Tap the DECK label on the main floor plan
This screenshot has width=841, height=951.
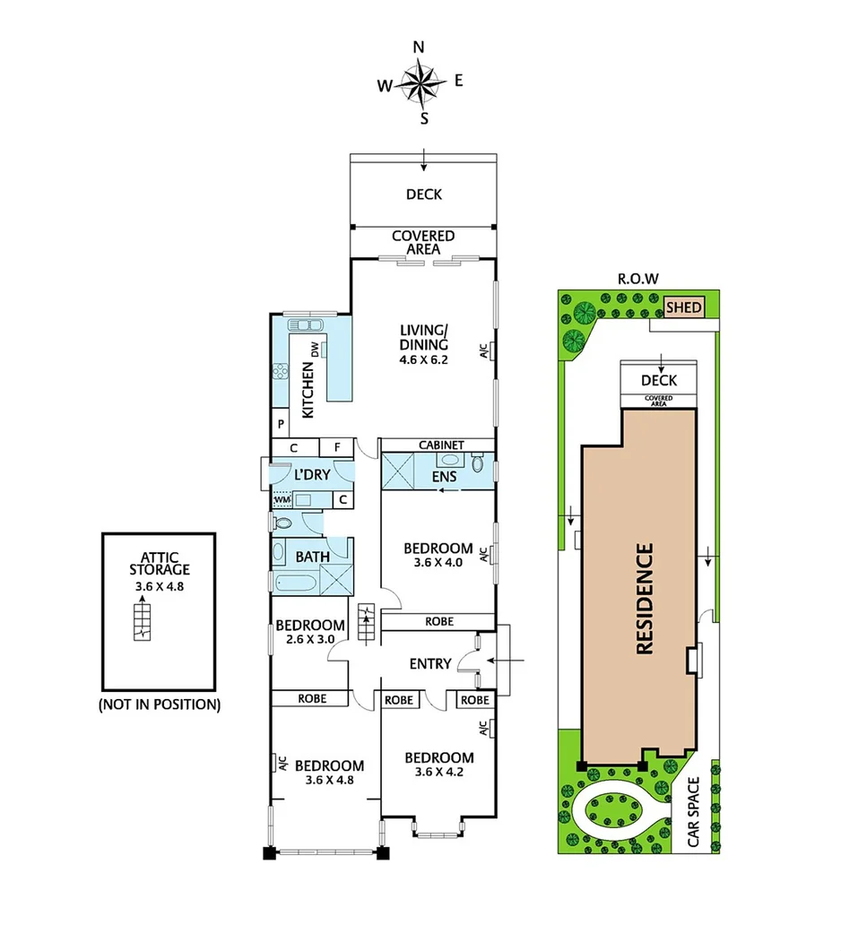(x=423, y=194)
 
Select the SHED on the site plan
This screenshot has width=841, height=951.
(x=684, y=308)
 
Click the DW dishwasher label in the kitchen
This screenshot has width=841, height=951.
(x=315, y=350)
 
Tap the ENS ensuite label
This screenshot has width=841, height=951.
(x=445, y=477)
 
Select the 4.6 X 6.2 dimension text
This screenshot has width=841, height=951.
(x=424, y=359)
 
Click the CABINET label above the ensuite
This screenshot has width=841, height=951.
(x=441, y=445)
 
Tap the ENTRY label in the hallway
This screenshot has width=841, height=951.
(x=429, y=664)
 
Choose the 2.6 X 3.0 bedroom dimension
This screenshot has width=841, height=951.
(x=309, y=639)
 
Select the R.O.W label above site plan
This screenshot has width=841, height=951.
(x=638, y=279)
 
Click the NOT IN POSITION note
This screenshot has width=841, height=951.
(x=159, y=705)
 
